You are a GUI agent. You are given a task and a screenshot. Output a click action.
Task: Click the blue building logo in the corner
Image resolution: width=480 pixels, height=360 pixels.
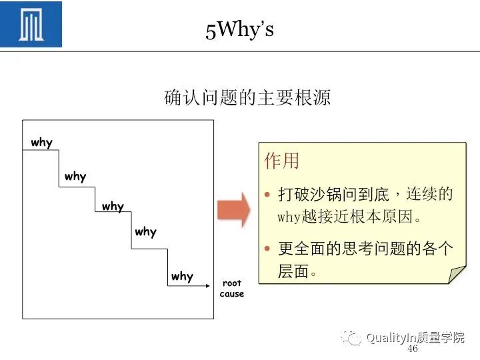(31, 24)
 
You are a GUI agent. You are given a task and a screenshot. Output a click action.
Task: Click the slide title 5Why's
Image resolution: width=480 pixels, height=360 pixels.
(240, 30)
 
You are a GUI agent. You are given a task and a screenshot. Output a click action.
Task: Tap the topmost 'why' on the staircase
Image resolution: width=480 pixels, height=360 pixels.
(41, 143)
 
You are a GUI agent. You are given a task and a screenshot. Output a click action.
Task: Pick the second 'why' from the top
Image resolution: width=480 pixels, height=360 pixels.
(75, 177)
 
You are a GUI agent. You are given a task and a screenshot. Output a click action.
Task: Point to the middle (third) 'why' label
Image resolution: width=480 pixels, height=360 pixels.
(113, 207)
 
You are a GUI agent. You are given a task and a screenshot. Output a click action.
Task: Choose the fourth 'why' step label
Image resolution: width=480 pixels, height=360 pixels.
(145, 232)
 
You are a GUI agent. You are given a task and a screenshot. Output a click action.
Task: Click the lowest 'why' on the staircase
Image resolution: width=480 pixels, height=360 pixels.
(181, 277)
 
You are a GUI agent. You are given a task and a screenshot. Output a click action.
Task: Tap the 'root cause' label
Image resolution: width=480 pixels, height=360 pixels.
(232, 289)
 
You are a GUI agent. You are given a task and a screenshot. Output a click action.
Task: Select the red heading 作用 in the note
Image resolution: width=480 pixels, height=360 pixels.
(281, 161)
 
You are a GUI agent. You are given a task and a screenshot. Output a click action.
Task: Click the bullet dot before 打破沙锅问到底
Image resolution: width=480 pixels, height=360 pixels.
(267, 195)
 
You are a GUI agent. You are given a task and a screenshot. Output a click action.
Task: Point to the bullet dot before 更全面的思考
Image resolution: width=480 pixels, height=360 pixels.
(267, 249)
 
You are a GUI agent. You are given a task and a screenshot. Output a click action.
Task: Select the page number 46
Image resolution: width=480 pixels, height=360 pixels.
(412, 349)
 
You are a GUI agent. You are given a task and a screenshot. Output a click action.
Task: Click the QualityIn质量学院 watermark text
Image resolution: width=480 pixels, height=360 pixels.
(415, 338)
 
